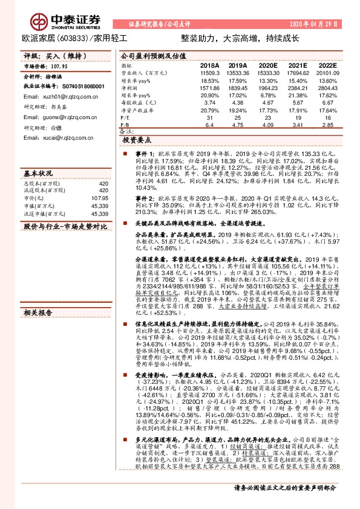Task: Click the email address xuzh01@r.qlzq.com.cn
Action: coord(53,96)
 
